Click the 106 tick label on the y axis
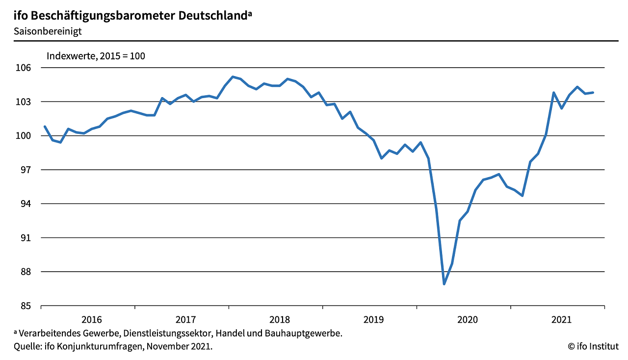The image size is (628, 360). point(25,68)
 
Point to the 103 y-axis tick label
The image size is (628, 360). point(25,102)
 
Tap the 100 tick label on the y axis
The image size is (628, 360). point(25,136)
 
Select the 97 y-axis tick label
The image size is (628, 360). point(26,170)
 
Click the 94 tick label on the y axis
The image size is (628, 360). point(26,204)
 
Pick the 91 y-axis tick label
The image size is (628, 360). point(26,238)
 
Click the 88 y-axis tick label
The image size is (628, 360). point(26,272)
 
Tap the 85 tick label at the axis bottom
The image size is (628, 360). point(26,306)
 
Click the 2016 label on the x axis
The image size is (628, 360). point(91,320)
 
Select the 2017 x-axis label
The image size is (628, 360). point(185,320)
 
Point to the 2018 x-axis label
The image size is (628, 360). point(280,320)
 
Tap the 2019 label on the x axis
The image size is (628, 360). point(373,320)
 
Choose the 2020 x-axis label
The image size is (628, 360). point(468,320)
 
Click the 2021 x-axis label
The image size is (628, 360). point(561,320)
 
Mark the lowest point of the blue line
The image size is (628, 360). point(444,284)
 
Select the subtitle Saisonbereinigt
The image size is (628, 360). point(48,31)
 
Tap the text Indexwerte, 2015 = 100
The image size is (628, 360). point(96,56)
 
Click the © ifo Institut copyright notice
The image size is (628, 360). point(593,346)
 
